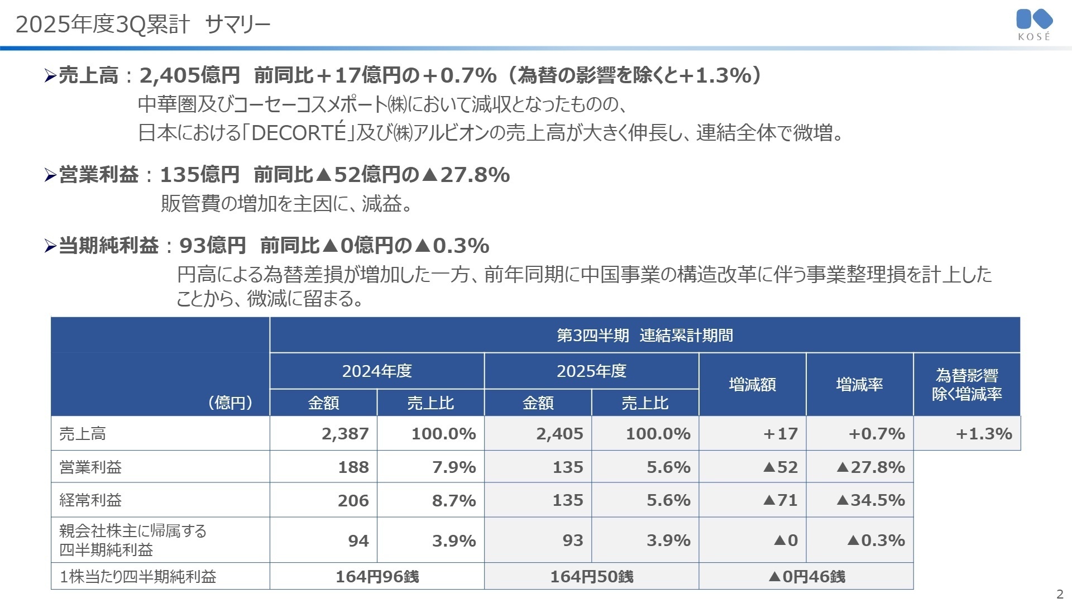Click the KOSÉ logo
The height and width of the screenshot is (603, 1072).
1034,25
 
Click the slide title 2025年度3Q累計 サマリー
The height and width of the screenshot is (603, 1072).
143,25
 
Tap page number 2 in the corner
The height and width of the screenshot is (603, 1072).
1060,594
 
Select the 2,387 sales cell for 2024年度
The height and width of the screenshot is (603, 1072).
345,434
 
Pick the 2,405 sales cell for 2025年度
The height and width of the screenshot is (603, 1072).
559,434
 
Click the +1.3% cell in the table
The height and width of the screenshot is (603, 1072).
983,434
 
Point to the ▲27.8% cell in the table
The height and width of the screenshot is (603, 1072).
870,467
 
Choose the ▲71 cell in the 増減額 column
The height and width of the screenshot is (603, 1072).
780,500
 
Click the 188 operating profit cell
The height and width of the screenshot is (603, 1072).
353,467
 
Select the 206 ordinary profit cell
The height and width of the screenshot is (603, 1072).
353,500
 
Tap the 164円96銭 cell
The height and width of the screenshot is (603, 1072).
377,577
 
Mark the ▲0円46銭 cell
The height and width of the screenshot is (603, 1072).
806,577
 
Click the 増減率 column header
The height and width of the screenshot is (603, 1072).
859,385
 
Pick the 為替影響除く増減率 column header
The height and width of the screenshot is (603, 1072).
966,385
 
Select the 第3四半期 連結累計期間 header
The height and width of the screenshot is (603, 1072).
644,336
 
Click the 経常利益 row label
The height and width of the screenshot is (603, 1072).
90,500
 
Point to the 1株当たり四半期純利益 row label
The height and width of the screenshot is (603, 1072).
138,577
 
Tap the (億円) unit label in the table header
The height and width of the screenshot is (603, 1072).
230,403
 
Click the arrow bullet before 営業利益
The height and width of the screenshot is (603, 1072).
50,176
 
